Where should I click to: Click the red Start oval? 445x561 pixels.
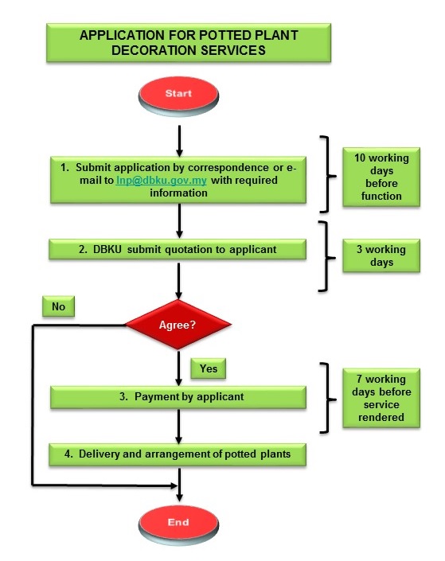click(178, 95)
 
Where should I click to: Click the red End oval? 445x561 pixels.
click(178, 524)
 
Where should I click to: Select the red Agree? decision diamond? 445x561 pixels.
click(178, 325)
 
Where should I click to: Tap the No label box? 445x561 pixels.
click(58, 306)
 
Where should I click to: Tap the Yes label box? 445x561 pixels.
click(209, 368)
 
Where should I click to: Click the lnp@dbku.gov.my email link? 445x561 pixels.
click(162, 180)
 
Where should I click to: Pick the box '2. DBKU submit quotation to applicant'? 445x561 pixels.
click(178, 249)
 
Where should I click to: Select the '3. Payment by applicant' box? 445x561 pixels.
click(178, 397)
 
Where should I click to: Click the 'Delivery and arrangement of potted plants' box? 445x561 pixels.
click(178, 454)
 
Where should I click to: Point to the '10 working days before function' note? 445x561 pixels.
click(381, 177)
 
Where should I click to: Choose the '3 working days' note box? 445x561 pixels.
click(381, 255)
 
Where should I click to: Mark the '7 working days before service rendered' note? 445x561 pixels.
click(381, 398)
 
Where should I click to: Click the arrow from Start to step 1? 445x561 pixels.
click(179, 141)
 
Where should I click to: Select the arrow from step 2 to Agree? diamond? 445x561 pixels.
click(178, 281)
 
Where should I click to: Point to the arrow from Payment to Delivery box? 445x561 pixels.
click(178, 427)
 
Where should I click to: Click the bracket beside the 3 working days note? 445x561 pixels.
click(327, 256)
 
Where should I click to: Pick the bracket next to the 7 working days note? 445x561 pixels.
click(328, 398)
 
